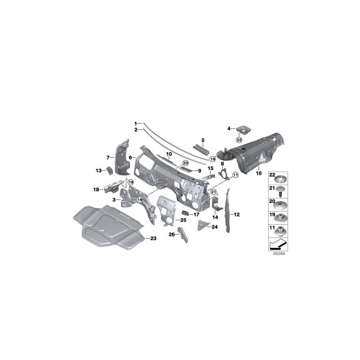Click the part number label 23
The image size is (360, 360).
154,238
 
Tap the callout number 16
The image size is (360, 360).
258,173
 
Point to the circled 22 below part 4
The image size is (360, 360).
239,140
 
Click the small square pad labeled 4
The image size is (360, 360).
242,129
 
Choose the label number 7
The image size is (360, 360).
108,157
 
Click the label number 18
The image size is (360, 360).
96,190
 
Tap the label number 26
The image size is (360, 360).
171,234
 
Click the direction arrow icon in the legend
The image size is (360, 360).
276,244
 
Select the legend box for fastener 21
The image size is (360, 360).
276,190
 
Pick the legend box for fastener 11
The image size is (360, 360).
276,230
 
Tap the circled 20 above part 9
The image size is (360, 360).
185,163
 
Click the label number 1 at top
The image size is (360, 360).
136,123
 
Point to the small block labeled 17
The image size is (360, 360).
185,213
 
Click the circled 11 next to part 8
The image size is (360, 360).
235,175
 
